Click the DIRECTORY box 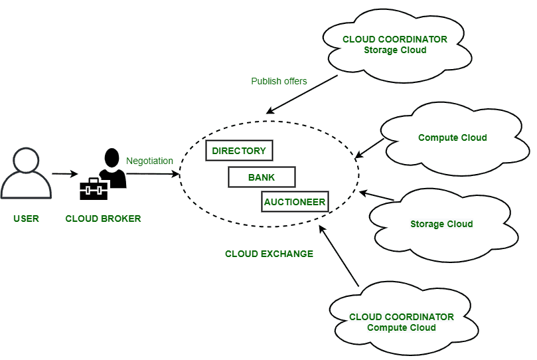click(239, 151)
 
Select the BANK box click(262, 177)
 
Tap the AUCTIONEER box click(295, 202)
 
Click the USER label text click(26, 219)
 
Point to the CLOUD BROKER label click(103, 219)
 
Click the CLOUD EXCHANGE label click(269, 254)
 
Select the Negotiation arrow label click(149, 161)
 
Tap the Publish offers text click(279, 81)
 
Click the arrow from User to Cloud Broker click(64, 174)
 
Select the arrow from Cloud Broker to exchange click(153, 174)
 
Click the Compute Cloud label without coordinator click(452, 137)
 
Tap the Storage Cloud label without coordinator click(441, 224)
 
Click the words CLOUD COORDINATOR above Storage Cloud click(394, 39)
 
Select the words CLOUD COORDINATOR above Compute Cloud click(401, 317)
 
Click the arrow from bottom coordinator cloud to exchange click(339, 256)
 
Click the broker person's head click(111, 157)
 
